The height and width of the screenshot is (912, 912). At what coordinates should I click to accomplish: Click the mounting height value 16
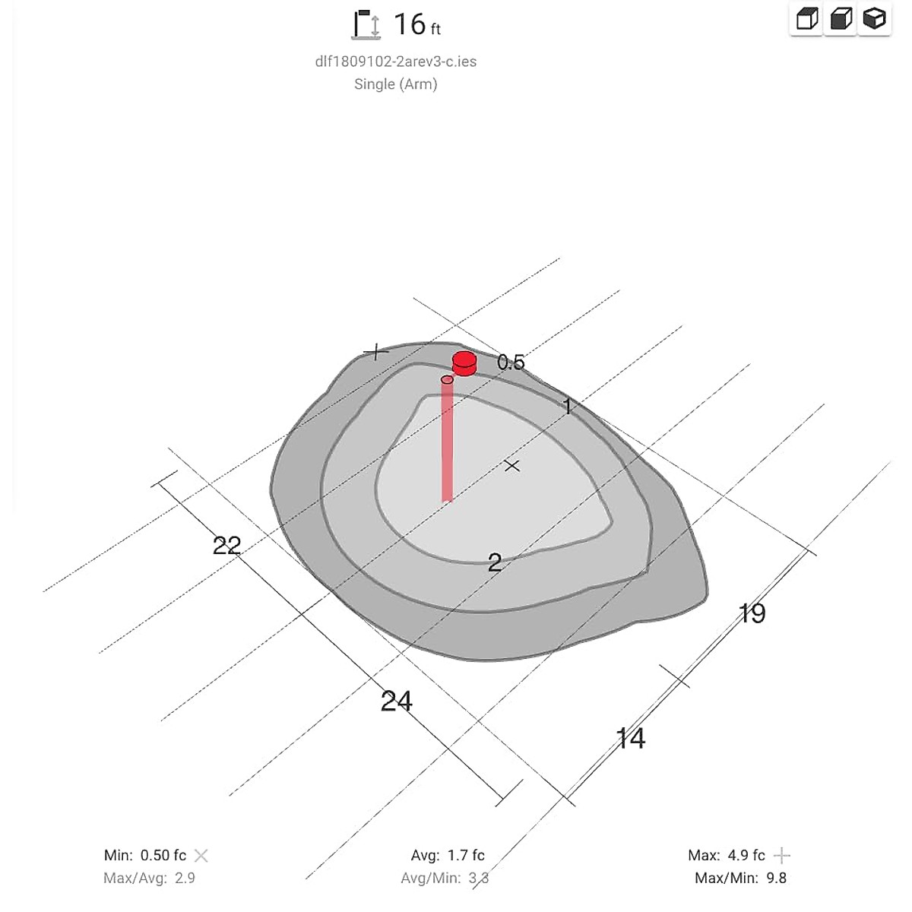point(410,24)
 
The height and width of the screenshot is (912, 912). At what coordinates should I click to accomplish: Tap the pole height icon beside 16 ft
point(366,24)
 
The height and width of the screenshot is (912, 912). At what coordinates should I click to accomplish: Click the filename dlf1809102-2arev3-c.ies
point(396,62)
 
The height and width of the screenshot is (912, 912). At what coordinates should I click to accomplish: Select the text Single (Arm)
point(396,84)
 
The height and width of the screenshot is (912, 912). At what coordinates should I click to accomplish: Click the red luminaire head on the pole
point(464,363)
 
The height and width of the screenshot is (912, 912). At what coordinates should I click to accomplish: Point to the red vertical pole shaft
point(447,440)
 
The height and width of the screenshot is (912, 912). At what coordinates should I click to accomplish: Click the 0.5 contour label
point(511,363)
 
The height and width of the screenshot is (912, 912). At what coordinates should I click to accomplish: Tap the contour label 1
point(568,406)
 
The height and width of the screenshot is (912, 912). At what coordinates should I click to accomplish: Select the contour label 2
point(495,562)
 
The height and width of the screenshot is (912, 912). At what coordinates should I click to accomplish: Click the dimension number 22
point(226,546)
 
